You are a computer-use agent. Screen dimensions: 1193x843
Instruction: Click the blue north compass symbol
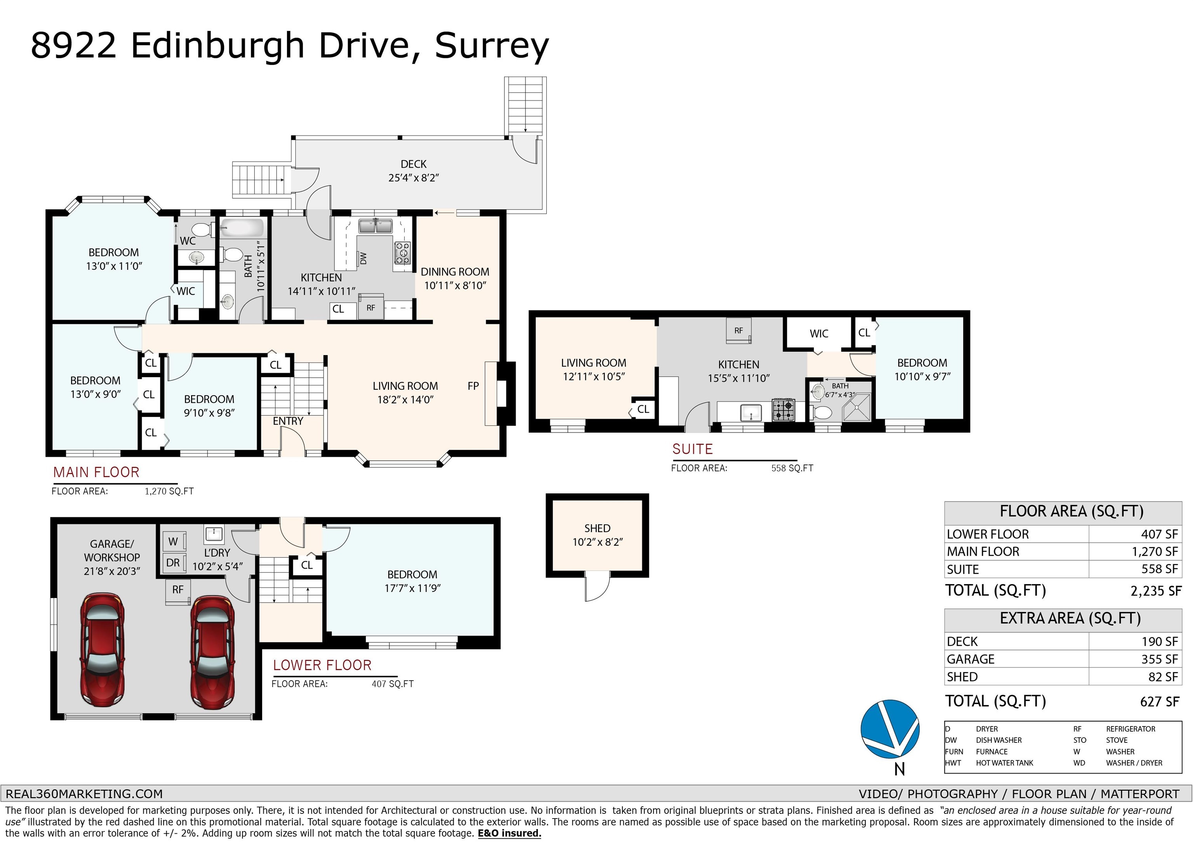(x=890, y=728)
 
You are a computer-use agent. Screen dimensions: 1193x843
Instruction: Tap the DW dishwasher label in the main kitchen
(x=363, y=258)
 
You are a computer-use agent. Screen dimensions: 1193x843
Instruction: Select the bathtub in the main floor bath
(x=242, y=227)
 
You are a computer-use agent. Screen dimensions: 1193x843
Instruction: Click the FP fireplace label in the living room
(x=473, y=386)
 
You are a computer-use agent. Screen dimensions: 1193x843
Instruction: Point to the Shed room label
(x=597, y=528)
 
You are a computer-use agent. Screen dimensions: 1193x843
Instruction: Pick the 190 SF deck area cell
(x=1160, y=642)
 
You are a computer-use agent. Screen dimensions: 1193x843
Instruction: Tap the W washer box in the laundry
(x=174, y=541)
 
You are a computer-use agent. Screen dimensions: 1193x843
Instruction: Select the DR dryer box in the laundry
(x=174, y=562)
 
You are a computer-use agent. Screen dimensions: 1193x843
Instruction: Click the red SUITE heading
(x=693, y=449)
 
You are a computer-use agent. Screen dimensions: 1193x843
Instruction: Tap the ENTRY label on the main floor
(x=288, y=421)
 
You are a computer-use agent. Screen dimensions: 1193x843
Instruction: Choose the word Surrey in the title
(x=492, y=47)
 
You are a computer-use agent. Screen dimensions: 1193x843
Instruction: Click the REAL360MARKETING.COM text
(x=84, y=794)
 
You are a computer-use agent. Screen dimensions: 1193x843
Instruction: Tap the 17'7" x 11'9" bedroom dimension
(x=412, y=588)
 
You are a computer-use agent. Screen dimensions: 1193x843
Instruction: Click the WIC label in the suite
(x=819, y=333)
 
